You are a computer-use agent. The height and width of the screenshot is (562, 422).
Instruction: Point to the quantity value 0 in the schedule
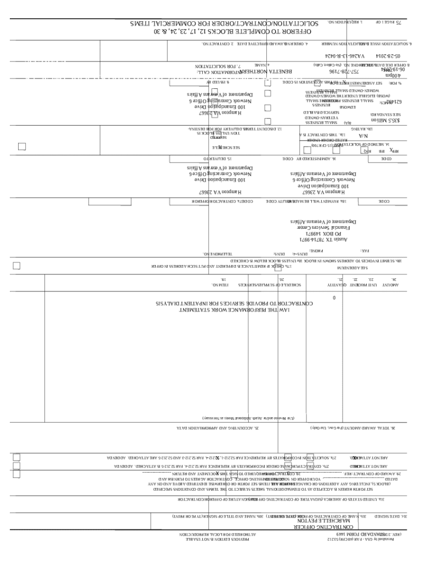pyautogui.click(x=334, y=298)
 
